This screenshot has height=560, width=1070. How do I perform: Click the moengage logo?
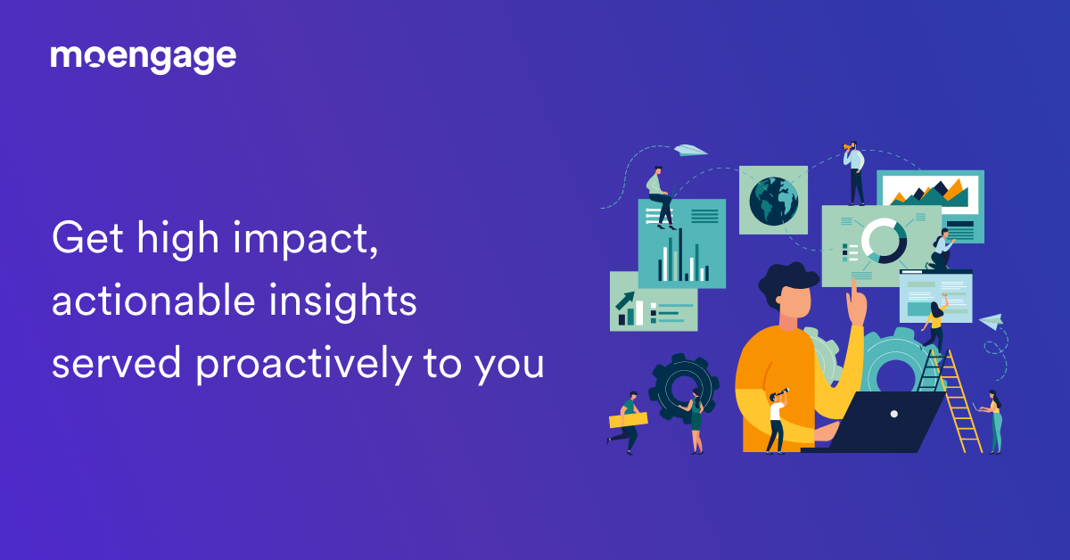point(143,58)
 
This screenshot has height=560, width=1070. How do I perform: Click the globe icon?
point(772,200)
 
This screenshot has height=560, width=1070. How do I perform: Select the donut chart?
point(884,240)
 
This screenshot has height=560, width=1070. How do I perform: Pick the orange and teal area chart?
point(931,192)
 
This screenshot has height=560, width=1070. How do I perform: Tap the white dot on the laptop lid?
point(894,414)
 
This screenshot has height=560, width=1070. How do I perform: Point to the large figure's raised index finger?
point(853,291)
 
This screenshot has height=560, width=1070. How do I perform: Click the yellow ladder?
point(959,401)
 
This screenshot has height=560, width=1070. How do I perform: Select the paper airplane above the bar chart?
point(690,151)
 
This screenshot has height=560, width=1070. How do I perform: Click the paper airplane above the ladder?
point(991,320)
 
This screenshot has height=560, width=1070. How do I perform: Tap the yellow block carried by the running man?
point(628,420)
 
